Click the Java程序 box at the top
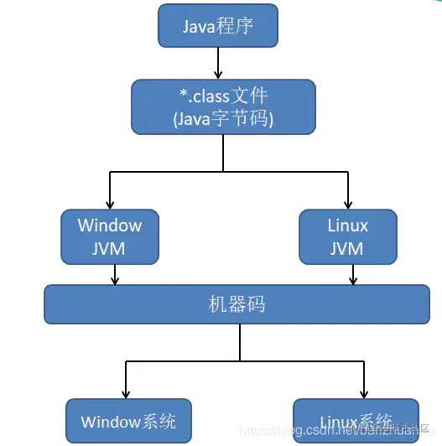tap(218, 26)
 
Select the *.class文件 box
tap(223, 106)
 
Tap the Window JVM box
tap(109, 236)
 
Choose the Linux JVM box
tap(347, 236)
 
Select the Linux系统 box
tap(356, 420)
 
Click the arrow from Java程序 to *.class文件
tap(218, 63)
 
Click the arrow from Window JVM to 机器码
tap(115, 274)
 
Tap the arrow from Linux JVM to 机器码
tap(353, 274)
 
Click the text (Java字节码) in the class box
tap(223, 119)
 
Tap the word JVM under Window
tap(109, 248)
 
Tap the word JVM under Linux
tap(347, 248)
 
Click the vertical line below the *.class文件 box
tap(223, 153)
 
